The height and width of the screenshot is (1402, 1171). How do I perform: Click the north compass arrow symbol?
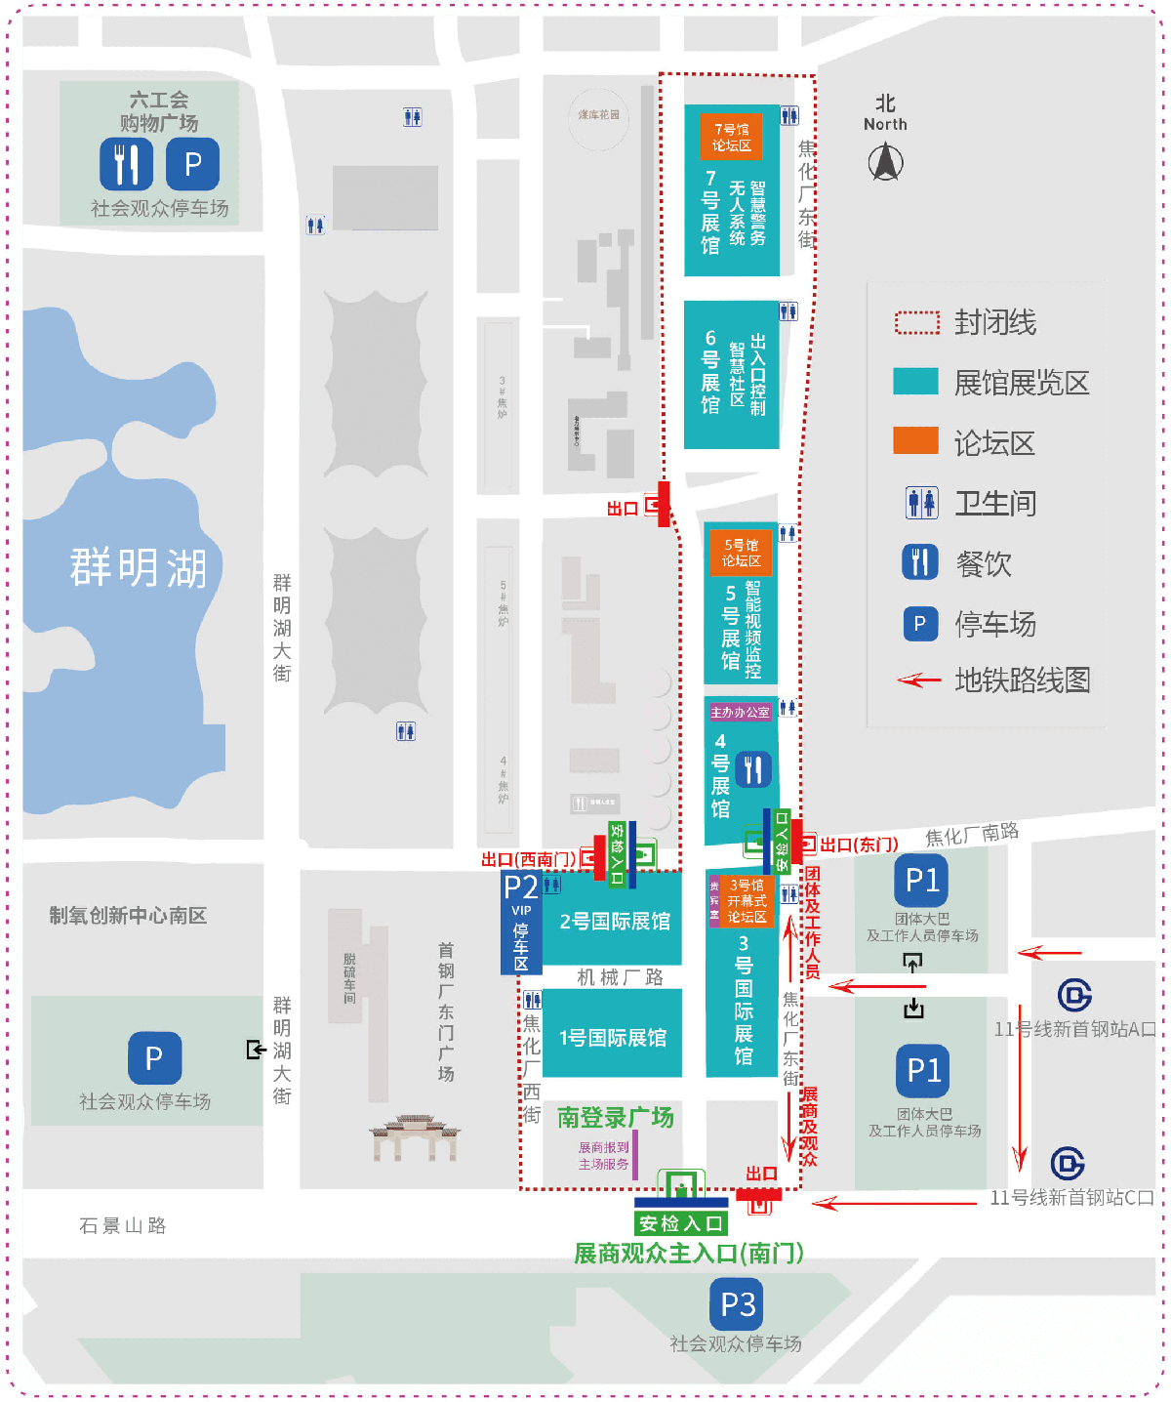click(885, 162)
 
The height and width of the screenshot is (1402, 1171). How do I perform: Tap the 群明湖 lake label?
click(138, 567)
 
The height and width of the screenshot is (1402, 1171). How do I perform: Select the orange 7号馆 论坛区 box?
click(731, 137)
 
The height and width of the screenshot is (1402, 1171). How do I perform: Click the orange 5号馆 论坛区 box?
click(741, 554)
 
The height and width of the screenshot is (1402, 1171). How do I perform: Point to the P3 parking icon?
click(737, 1304)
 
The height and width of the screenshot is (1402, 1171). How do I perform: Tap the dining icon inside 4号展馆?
click(752, 769)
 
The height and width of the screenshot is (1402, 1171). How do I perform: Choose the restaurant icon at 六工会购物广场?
click(126, 163)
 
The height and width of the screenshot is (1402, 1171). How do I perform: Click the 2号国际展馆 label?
click(614, 922)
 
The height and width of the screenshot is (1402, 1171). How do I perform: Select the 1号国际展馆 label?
click(613, 1038)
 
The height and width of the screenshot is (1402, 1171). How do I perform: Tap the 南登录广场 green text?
click(615, 1117)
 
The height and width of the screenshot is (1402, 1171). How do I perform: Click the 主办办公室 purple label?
click(740, 713)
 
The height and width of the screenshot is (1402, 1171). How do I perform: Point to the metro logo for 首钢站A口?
click(1074, 996)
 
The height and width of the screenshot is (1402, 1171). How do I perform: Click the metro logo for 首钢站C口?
click(1068, 1163)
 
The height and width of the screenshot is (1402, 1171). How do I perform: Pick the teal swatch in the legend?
click(915, 382)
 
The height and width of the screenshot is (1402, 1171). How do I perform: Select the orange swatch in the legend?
click(915, 441)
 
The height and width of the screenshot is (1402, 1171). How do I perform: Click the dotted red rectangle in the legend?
click(916, 322)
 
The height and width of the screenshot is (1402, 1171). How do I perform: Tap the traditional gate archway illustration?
click(415, 1137)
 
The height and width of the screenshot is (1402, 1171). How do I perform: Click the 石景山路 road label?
click(123, 1225)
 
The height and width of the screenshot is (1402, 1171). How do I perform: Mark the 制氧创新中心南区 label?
click(128, 915)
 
